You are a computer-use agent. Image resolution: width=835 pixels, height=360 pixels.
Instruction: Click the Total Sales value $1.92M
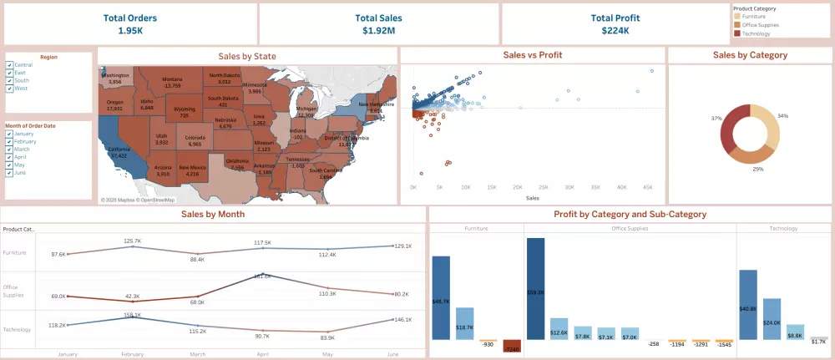pyautogui.click(x=378, y=31)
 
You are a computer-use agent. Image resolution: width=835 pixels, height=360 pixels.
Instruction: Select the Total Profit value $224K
pyautogui.click(x=615, y=31)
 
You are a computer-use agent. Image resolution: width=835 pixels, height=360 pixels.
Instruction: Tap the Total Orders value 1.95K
pyautogui.click(x=130, y=31)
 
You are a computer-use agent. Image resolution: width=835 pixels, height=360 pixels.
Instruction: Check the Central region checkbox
pyautogui.click(x=9, y=64)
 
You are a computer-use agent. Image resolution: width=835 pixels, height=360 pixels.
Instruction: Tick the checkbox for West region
pyautogui.click(x=9, y=88)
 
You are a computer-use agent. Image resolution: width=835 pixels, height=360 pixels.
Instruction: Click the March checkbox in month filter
pyautogui.click(x=9, y=150)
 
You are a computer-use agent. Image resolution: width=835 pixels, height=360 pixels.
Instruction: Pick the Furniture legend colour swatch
pyautogui.click(x=736, y=16)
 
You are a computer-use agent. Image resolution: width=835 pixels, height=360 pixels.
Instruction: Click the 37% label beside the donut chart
pyautogui.click(x=716, y=119)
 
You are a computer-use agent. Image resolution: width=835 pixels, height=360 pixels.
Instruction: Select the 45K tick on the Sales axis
pyautogui.click(x=647, y=188)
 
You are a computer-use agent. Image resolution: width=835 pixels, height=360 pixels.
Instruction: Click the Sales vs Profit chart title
pyautogui.click(x=532, y=55)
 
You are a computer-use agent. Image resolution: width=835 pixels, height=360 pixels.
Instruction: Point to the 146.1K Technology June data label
pyautogui.click(x=403, y=320)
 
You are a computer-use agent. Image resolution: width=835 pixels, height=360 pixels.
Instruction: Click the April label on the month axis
pyautogui.click(x=262, y=354)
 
